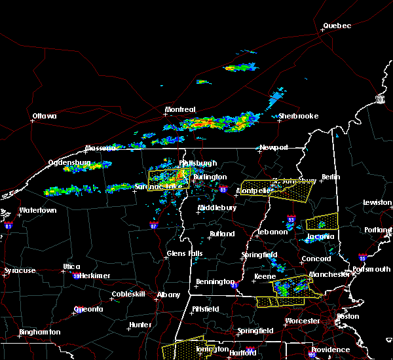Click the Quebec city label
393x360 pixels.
pyautogui.click(x=337, y=26)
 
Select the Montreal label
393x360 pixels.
pyautogui.click(x=180, y=109)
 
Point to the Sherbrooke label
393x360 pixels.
pyautogui.click(x=298, y=116)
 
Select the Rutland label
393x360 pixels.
pyautogui.click(x=222, y=234)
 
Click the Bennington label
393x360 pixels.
pyautogui.click(x=214, y=282)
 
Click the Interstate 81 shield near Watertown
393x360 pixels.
pyautogui.click(x=8, y=225)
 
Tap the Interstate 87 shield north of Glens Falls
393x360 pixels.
pyautogui.click(x=153, y=225)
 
